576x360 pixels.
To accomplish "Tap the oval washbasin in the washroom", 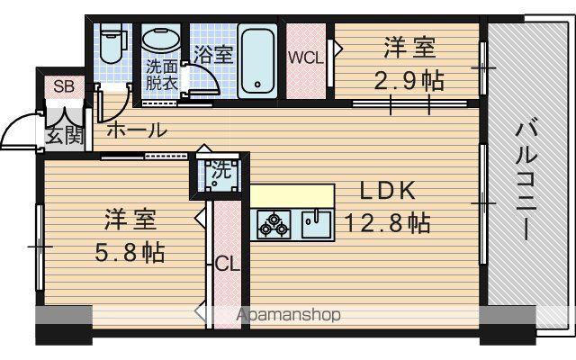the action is tap(161, 40).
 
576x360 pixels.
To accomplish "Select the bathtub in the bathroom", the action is tap(257, 61).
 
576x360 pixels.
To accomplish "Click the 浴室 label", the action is tap(213, 54).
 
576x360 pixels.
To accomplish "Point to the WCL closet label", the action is tap(306, 58).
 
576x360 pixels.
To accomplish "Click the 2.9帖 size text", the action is tap(409, 81).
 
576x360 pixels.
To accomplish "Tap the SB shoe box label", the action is tap(64, 86).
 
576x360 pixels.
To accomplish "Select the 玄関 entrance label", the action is tap(65, 137).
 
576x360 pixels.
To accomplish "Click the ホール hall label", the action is tap(137, 130).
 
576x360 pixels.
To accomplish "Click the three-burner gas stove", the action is tap(274, 224).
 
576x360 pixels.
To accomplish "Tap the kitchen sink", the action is tap(316, 224).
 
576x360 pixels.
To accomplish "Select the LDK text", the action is tap(388, 191).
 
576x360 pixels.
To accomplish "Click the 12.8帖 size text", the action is tap(387, 222).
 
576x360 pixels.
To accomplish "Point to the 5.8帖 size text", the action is tap(130, 252).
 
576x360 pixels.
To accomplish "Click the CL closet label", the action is tap(227, 264).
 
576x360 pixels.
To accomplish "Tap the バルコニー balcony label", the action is tap(526, 179).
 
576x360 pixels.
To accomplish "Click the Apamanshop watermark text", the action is tap(288, 315).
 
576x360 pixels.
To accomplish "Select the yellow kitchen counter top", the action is tap(292, 196).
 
